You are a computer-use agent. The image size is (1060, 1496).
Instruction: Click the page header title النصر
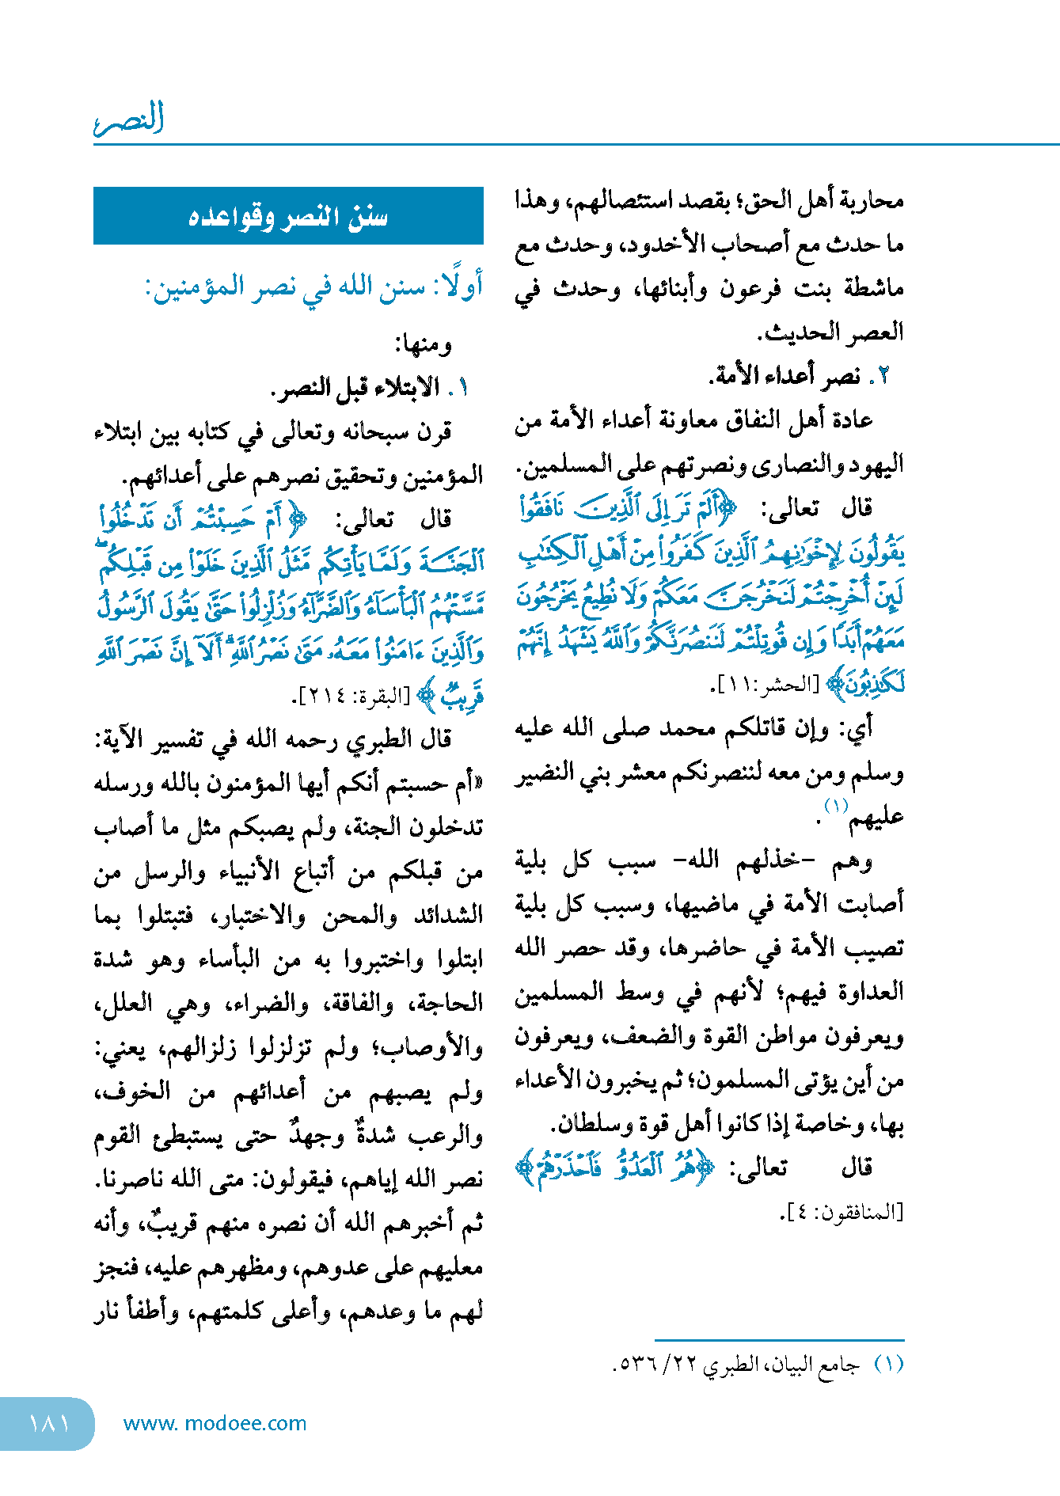coord(129,119)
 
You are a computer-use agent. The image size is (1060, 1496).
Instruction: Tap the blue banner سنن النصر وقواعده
coord(288,216)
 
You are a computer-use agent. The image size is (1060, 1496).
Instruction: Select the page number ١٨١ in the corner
coord(48,1423)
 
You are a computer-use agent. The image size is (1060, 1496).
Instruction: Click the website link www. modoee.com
coord(215,1423)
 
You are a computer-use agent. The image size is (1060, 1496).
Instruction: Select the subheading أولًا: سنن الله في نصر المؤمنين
coord(313,287)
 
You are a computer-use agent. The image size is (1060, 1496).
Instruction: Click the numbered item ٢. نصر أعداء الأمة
coord(800,376)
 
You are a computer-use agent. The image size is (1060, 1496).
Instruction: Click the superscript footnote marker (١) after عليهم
coord(836,806)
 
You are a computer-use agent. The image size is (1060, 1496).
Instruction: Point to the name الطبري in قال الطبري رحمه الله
coord(383,739)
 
